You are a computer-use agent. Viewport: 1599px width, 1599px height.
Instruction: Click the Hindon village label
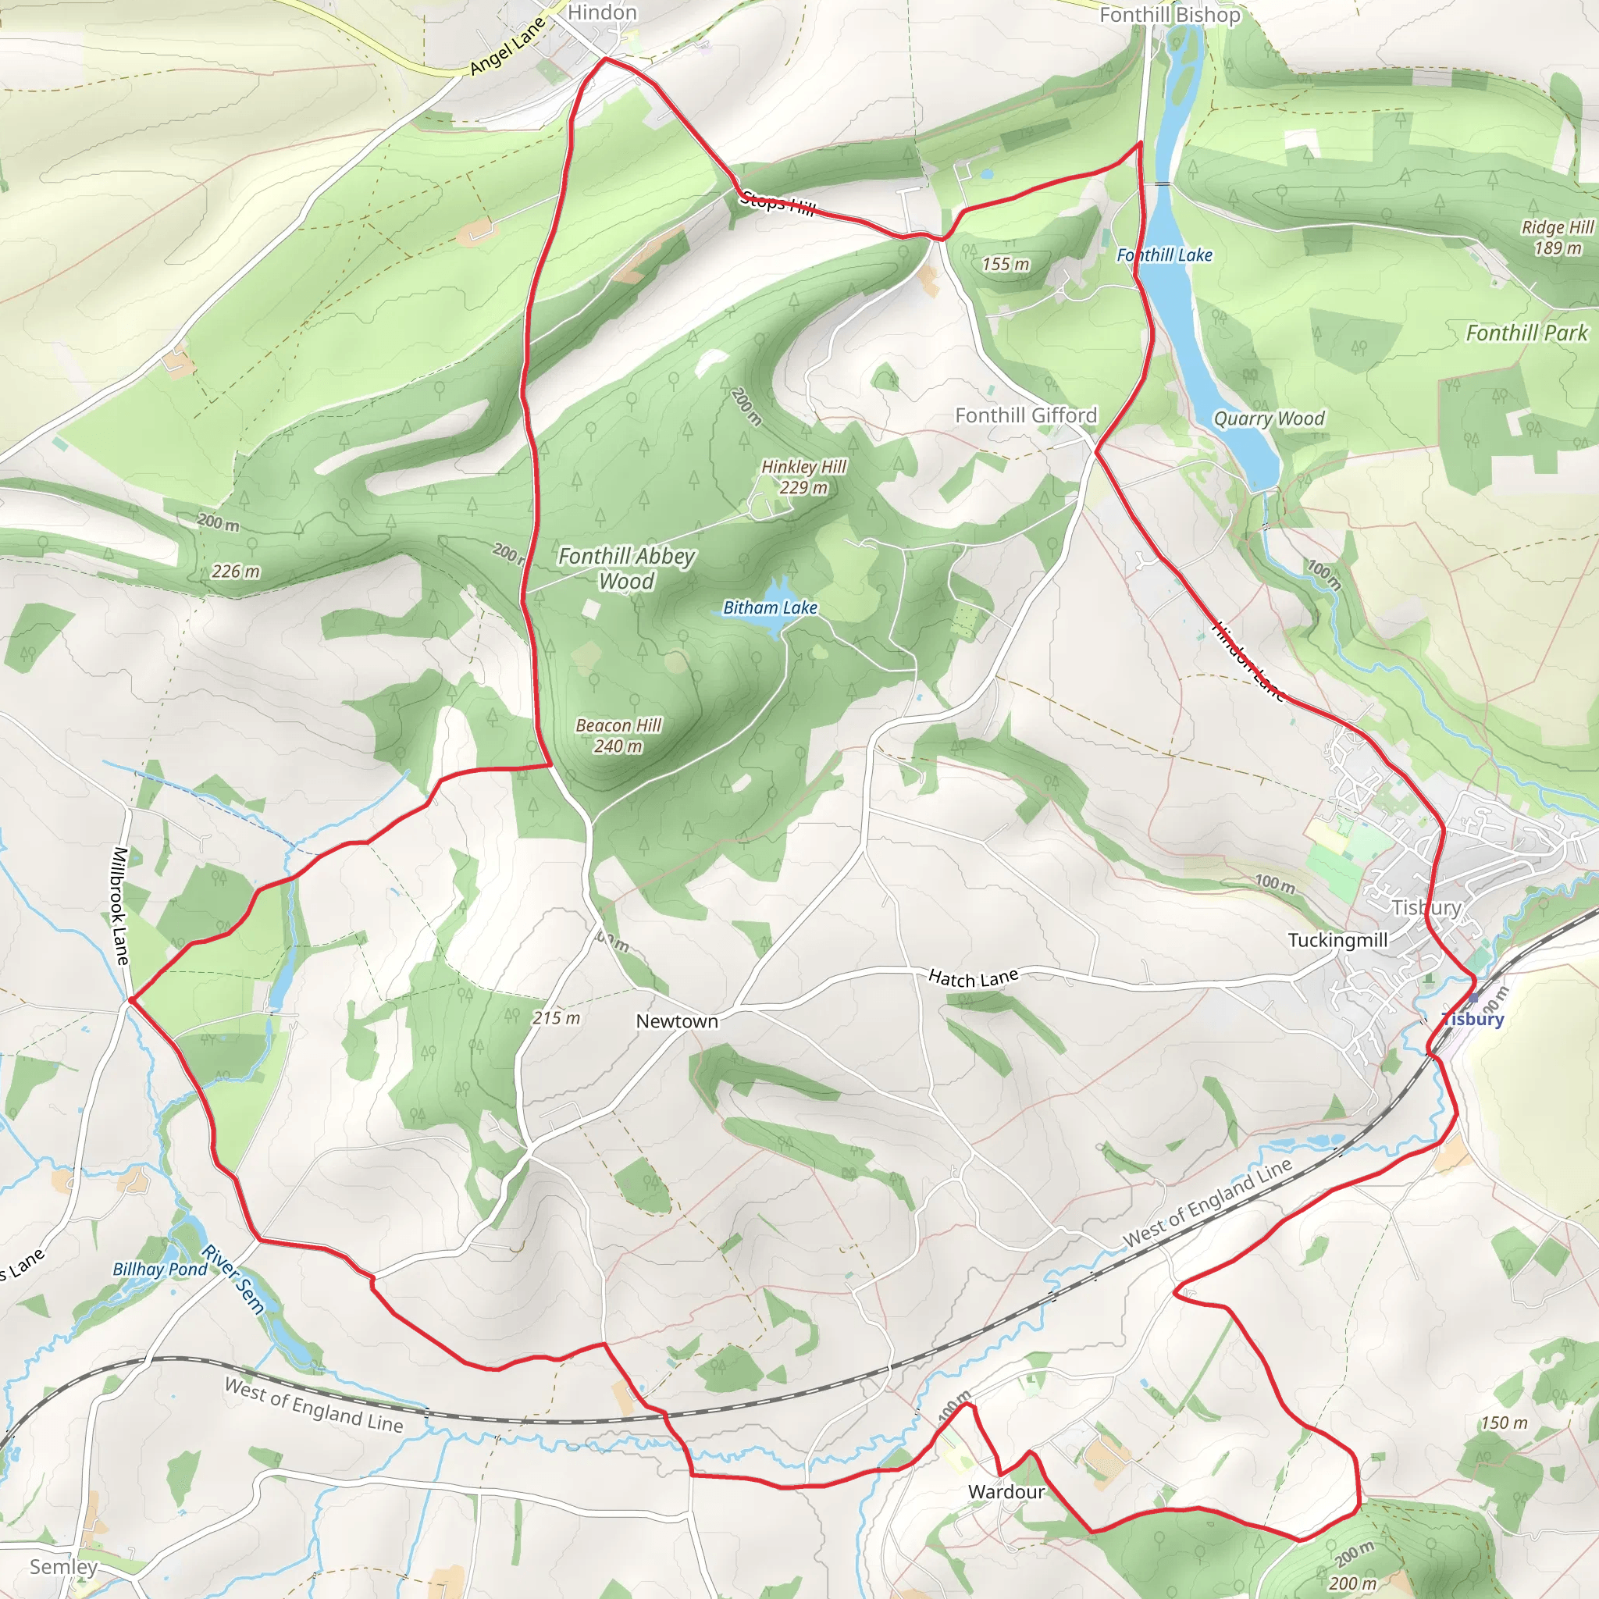(x=602, y=12)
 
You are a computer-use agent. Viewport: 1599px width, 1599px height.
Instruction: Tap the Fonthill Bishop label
(x=1170, y=15)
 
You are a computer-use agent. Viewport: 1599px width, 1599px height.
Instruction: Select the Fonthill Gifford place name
(x=1025, y=415)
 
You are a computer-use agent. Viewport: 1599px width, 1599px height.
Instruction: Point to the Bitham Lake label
(x=770, y=607)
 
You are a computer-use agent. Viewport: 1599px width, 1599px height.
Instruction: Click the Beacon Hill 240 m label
(x=618, y=735)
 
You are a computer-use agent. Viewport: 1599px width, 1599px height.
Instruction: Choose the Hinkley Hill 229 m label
(x=803, y=477)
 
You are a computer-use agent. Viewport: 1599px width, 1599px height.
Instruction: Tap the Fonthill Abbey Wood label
(x=626, y=568)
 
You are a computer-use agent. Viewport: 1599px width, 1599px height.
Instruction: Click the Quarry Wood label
(x=1269, y=418)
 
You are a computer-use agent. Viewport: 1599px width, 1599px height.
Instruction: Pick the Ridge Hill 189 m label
(x=1557, y=237)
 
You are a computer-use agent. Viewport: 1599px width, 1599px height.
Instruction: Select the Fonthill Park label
(x=1527, y=333)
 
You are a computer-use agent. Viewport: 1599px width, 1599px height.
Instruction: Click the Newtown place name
(x=676, y=1021)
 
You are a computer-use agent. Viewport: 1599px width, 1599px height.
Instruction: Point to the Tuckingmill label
(x=1337, y=940)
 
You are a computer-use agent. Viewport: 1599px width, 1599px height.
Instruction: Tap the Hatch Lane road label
(x=973, y=978)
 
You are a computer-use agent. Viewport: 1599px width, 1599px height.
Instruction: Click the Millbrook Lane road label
(x=121, y=906)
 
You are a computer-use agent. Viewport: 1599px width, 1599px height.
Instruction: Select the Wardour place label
(x=1006, y=1491)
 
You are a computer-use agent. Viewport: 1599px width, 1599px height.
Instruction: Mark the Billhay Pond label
(x=160, y=1270)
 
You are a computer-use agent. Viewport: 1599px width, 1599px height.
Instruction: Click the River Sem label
(x=234, y=1280)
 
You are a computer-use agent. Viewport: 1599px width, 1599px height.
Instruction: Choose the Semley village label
(x=64, y=1566)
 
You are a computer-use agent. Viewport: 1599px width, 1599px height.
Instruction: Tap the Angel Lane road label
(x=507, y=46)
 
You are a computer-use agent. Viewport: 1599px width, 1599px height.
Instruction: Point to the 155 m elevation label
(x=1006, y=265)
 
